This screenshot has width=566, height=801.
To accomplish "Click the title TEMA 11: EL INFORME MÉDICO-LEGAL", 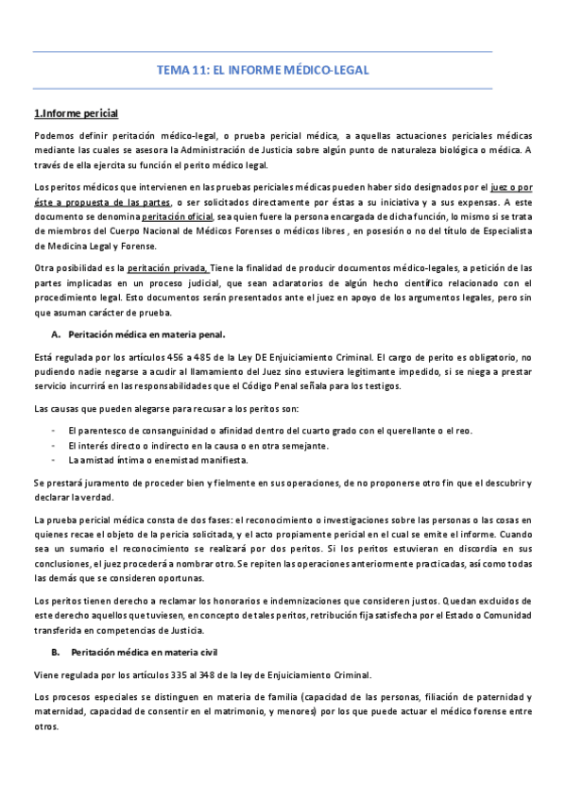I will click(263, 70).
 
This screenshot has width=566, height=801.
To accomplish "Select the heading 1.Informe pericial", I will click(76, 114).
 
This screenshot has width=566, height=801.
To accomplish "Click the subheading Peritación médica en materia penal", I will click(146, 334).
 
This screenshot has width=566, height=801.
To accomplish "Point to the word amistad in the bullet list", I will click(96, 460).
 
